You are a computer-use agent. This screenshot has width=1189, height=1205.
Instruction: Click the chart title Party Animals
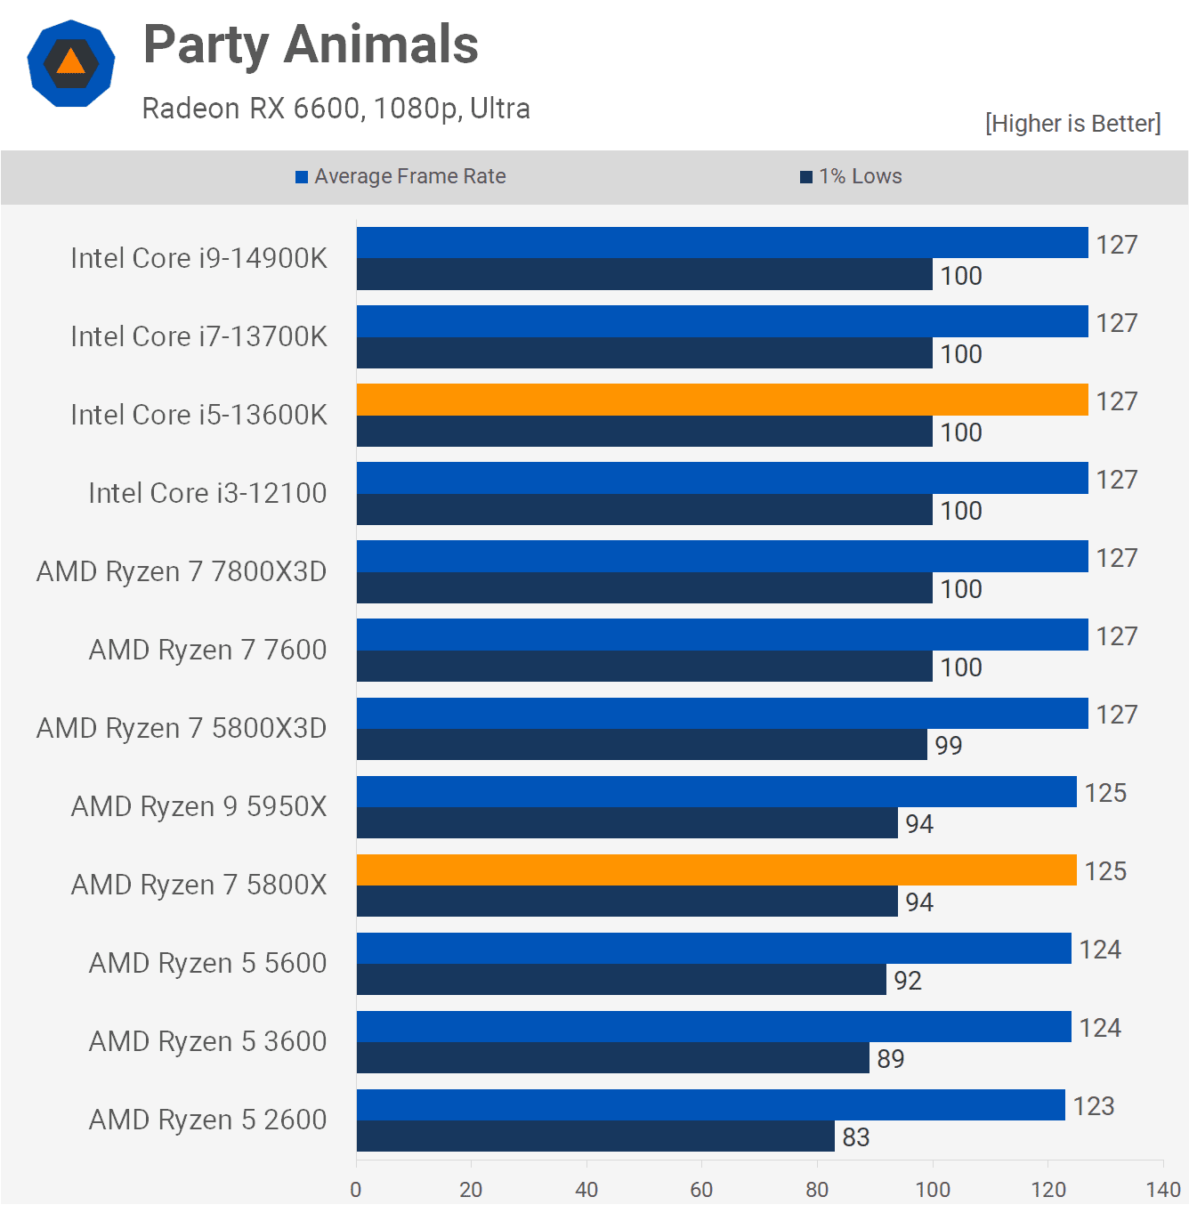[311, 44]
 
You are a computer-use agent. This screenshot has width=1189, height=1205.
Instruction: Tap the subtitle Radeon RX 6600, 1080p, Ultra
[336, 109]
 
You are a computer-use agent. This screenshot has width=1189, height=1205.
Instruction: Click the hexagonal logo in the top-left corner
[71, 63]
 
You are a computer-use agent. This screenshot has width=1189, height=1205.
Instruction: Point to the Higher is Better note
[1072, 123]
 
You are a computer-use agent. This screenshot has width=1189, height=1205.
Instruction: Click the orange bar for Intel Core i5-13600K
[722, 400]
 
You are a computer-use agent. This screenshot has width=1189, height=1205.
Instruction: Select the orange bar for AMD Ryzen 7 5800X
[716, 869]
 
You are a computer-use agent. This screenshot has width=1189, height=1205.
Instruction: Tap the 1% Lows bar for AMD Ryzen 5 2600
[595, 1136]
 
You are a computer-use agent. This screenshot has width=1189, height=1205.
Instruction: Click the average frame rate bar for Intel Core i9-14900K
[722, 243]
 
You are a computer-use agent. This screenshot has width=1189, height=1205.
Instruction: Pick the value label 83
[856, 1137]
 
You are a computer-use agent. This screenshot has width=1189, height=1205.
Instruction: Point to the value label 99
[949, 746]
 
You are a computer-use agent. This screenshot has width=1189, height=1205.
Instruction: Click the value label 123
[1094, 1106]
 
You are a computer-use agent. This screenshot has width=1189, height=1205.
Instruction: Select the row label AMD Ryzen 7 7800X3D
[182, 571]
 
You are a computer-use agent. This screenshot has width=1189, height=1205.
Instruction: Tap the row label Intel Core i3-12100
[207, 493]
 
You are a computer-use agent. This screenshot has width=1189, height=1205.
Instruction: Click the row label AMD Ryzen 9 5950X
[198, 806]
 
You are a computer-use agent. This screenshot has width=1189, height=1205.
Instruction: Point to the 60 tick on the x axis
[701, 1189]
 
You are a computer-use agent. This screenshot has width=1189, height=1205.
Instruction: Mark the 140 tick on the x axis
[1163, 1189]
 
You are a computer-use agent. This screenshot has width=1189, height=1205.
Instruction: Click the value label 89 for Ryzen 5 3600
[891, 1059]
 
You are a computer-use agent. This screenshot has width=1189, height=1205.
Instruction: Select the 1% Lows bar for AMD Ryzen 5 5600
[621, 980]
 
